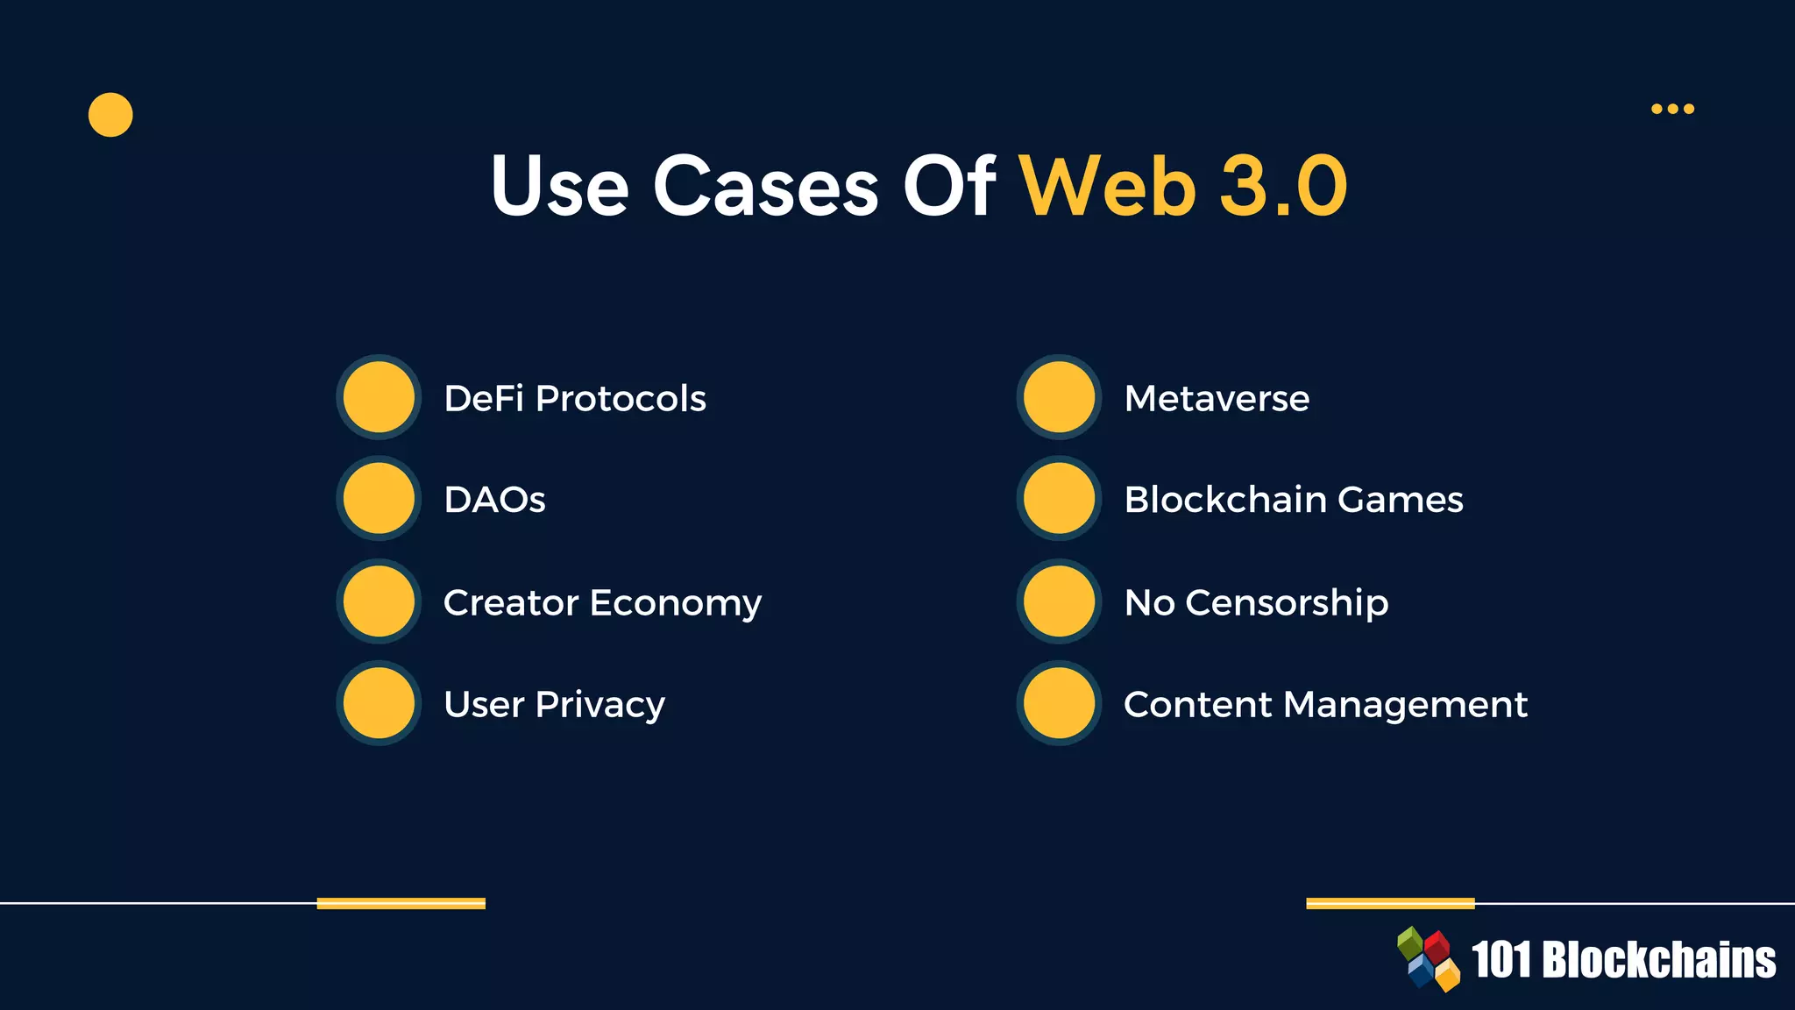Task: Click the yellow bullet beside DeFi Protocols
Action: pos(379,397)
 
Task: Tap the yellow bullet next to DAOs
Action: pos(379,498)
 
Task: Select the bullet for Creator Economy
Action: pos(379,601)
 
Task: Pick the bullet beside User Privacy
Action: pos(379,703)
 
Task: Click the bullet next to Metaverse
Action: pos(1059,397)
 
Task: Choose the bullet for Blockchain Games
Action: pos(1059,498)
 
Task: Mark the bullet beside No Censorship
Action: pos(1059,601)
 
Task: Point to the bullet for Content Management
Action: pos(1059,703)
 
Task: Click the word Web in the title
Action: pos(1107,186)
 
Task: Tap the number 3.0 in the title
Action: pos(1284,186)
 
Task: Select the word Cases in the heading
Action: pos(765,186)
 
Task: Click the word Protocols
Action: pos(621,399)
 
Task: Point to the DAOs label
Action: pos(494,500)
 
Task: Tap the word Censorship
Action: pos(1287,603)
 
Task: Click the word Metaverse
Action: pos(1217,399)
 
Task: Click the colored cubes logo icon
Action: pos(1428,959)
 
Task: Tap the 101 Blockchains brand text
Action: pos(1623,960)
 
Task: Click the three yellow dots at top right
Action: pos(1672,109)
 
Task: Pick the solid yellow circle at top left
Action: pos(110,115)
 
